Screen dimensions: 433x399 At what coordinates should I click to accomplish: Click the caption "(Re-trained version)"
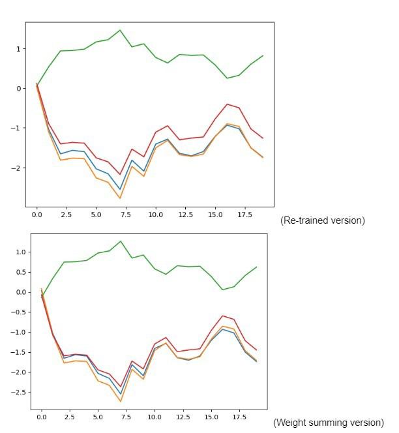322,220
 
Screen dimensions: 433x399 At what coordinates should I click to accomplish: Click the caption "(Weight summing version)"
328,423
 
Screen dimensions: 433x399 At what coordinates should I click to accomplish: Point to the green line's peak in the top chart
120,30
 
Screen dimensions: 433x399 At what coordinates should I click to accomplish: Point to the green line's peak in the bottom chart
121,241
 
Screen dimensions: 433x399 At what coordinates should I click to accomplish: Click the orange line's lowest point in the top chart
120,198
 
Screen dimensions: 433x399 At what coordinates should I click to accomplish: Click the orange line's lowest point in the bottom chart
121,401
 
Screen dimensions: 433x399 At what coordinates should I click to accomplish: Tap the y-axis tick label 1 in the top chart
20,49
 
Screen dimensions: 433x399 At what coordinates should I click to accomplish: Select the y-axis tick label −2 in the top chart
17,168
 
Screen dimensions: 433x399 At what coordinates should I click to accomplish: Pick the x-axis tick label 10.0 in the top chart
156,215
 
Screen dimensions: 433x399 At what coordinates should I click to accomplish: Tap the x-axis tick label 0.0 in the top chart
37,215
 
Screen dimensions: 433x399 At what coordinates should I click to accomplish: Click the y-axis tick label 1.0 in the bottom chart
20,252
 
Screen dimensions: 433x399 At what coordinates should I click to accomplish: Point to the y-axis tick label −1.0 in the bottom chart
17,332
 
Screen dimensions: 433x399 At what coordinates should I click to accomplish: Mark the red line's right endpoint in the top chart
263,138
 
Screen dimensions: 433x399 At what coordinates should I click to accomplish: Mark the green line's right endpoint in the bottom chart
257,267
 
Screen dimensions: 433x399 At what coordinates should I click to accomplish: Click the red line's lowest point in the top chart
120,174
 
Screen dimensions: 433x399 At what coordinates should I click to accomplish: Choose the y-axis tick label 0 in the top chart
20,89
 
